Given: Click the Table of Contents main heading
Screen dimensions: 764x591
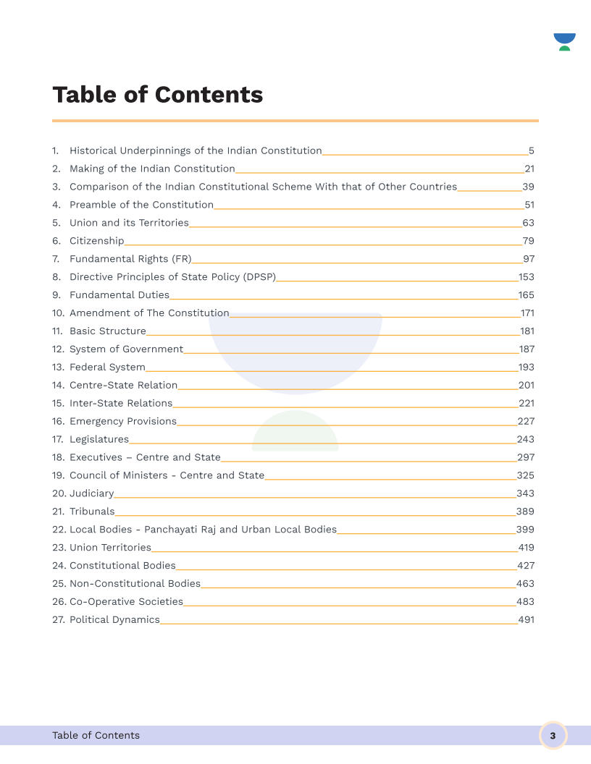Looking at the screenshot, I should pyautogui.click(x=157, y=95).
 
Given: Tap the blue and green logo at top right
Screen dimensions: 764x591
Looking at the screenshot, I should pyautogui.click(x=564, y=41).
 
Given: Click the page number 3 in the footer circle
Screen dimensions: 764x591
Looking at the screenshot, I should pyautogui.click(x=553, y=736).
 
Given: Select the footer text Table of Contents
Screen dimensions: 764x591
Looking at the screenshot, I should pyautogui.click(x=96, y=736).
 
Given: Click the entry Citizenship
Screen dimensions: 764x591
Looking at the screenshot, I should pyautogui.click(x=96, y=241).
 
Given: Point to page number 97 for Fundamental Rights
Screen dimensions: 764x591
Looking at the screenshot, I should pyautogui.click(x=528, y=259).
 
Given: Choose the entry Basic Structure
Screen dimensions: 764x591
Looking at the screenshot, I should pyautogui.click(x=107, y=331).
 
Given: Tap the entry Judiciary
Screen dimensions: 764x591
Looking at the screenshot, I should pyautogui.click(x=91, y=493).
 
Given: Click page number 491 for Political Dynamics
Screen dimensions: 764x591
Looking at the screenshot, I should pyautogui.click(x=526, y=620).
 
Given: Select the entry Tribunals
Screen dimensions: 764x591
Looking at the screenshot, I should pyautogui.click(x=92, y=512).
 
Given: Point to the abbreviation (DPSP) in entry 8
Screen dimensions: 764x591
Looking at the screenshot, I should pyautogui.click(x=260, y=277).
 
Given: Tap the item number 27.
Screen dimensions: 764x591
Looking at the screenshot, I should pyautogui.click(x=58, y=620).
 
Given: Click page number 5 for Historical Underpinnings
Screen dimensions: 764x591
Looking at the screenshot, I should pyautogui.click(x=531, y=151).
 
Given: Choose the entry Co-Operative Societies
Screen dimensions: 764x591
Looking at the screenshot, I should pyautogui.click(x=126, y=602).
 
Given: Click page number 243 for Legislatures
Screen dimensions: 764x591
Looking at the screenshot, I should pyautogui.click(x=525, y=440).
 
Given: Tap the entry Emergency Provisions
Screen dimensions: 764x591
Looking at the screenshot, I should pyautogui.click(x=122, y=422).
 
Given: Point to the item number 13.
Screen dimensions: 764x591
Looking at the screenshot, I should pyautogui.click(x=58, y=368).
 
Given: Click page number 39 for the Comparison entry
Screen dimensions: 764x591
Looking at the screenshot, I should pyautogui.click(x=528, y=187).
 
